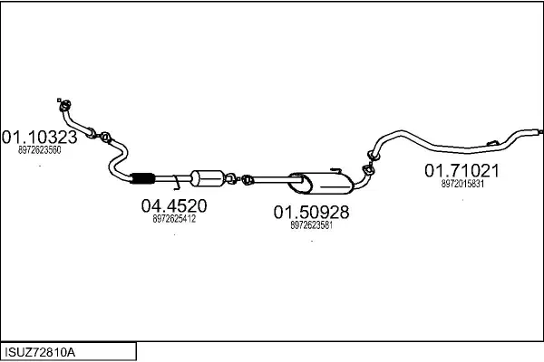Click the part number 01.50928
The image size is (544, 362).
coord(311,213)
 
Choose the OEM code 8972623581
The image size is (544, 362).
coord(311,225)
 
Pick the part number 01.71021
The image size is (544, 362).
coord(462,170)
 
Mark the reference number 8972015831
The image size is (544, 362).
coord(462,183)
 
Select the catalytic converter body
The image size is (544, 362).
coord(208,176)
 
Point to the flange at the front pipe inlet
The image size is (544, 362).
coord(64,105)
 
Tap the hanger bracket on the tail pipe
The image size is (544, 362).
coord(492,141)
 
